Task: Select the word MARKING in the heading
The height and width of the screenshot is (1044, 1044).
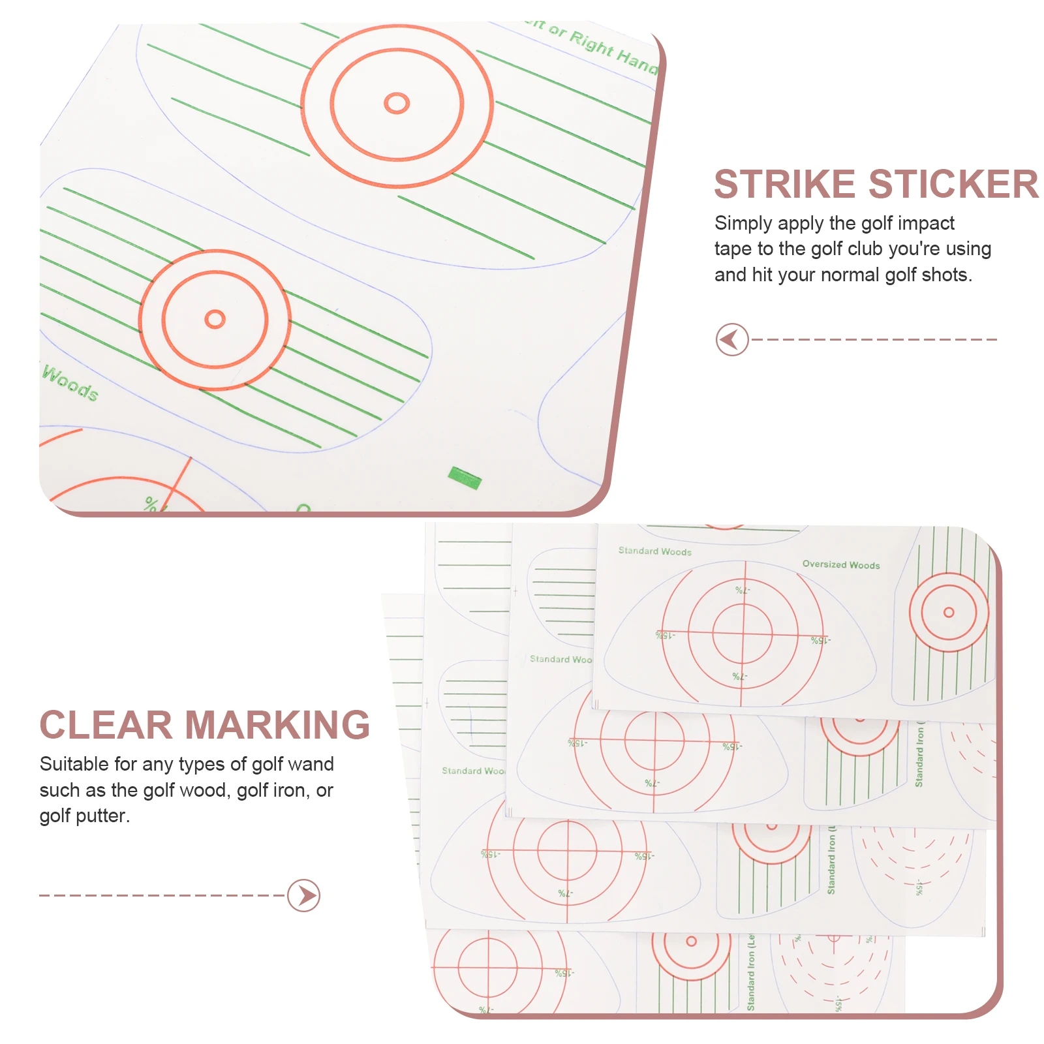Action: pyautogui.click(x=277, y=725)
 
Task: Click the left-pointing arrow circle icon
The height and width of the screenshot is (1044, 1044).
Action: pyautogui.click(x=731, y=339)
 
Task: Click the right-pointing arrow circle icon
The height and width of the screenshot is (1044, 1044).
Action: pyautogui.click(x=304, y=895)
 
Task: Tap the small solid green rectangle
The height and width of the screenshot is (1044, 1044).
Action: pyautogui.click(x=465, y=478)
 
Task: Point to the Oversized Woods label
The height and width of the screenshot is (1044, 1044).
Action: pyautogui.click(x=841, y=564)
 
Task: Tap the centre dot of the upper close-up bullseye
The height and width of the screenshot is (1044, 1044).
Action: pyautogui.click(x=397, y=103)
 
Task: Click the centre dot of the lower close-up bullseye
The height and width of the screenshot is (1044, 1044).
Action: pyautogui.click(x=215, y=319)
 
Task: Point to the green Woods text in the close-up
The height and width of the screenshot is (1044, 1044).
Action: pyautogui.click(x=70, y=383)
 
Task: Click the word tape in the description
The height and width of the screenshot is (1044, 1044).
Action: pyautogui.click(x=733, y=249)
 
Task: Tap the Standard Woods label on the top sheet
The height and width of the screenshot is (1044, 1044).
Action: pyautogui.click(x=654, y=551)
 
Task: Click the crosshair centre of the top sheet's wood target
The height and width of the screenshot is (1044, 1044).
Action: pyautogui.click(x=743, y=633)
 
